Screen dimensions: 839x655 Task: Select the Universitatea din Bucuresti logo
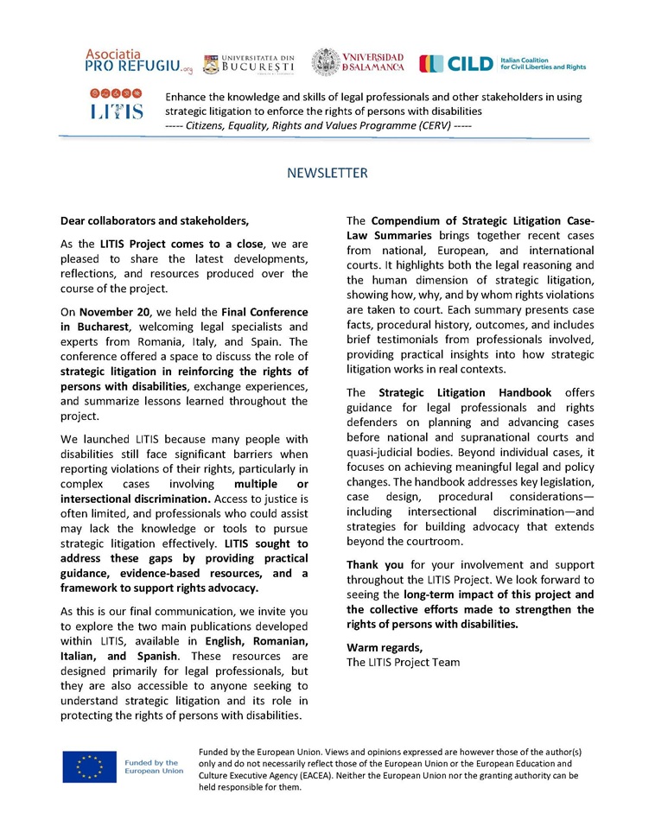click(x=249, y=63)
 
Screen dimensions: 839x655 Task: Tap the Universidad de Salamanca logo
click(x=357, y=62)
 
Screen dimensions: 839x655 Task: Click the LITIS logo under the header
click(x=116, y=104)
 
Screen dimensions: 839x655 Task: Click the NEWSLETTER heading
click(x=327, y=173)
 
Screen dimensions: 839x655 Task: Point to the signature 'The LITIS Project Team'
click(x=404, y=662)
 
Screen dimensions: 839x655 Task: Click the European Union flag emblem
click(x=89, y=767)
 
